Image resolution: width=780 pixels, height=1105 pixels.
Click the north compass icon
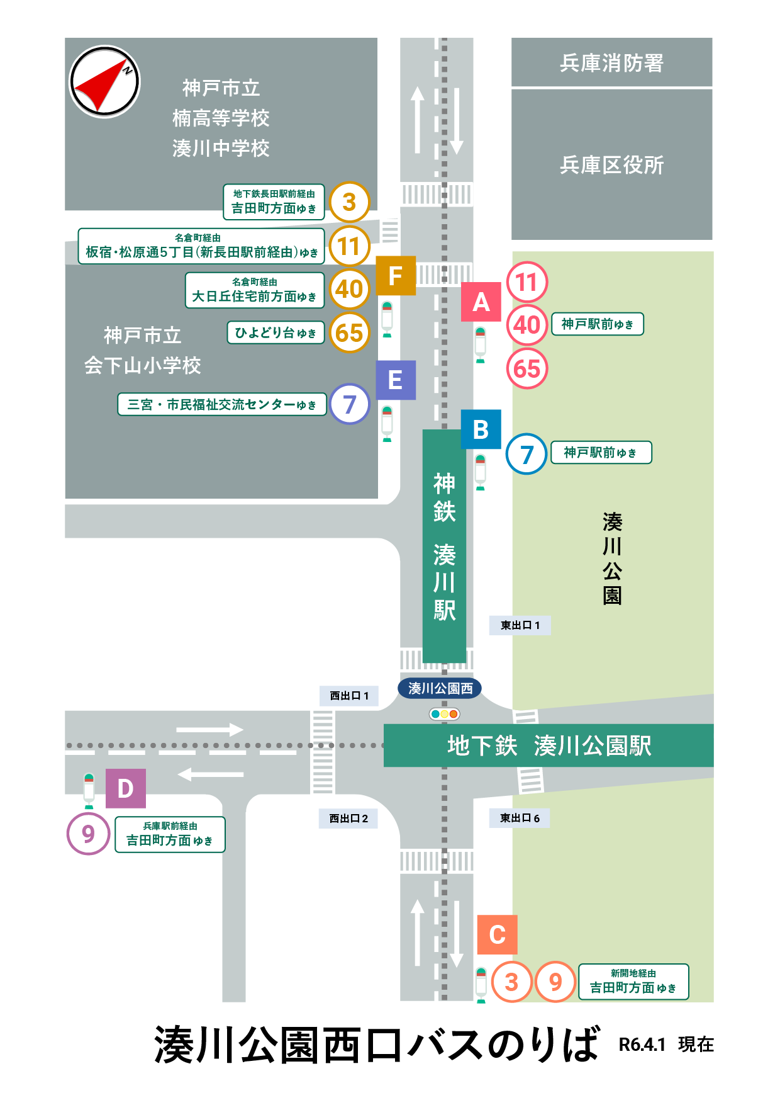point(104,82)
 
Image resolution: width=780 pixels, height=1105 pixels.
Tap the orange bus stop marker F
point(396,276)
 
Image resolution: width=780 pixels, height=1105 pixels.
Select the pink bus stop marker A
point(481,302)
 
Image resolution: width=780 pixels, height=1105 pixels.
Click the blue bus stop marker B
point(481,429)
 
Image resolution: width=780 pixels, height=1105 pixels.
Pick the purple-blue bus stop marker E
point(396,380)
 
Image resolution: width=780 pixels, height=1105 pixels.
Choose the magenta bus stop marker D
point(125,788)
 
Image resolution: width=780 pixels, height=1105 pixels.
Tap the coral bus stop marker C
point(497,934)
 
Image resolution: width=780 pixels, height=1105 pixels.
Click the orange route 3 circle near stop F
point(349,202)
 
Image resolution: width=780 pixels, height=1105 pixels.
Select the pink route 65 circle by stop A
point(527,369)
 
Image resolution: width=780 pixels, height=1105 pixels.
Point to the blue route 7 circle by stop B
point(526,454)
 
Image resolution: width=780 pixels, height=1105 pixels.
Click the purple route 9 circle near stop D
point(89,834)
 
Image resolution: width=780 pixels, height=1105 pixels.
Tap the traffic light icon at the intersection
point(444,714)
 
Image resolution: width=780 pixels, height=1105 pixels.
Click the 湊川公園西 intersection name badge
point(440,688)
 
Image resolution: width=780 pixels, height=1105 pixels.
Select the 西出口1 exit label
point(349,696)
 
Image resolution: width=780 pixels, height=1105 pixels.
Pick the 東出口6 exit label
point(520,818)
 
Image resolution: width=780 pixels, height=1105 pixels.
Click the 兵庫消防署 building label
point(611,63)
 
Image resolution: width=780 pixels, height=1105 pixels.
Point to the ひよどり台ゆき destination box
point(276,333)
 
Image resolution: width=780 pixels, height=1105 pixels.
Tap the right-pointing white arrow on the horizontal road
point(209,730)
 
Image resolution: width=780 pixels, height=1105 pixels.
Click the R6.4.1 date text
point(642,1045)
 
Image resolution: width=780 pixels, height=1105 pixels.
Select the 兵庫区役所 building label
point(611,165)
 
